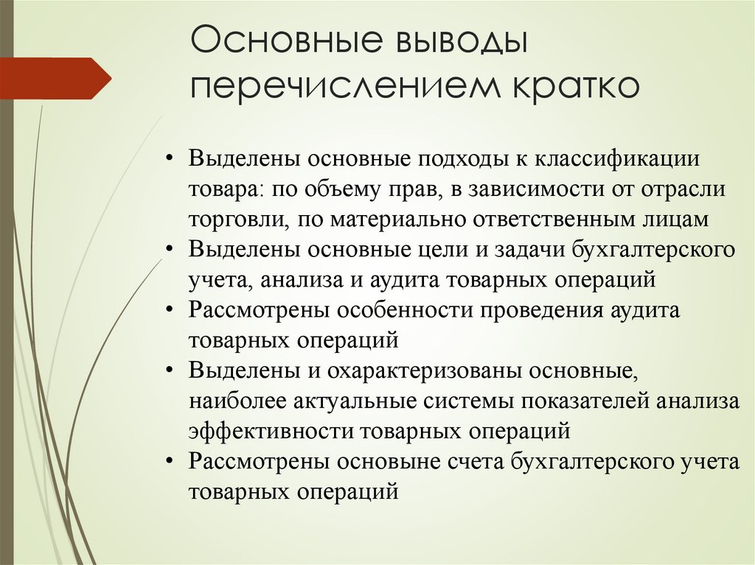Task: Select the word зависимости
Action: [532, 189]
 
